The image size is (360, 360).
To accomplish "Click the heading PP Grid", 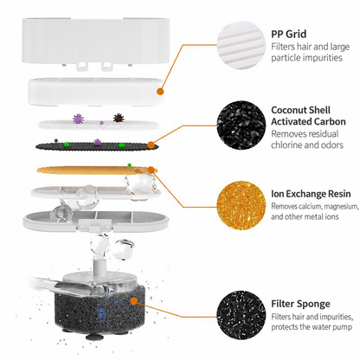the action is (x=288, y=34).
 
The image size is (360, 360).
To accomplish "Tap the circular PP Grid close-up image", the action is (x=241, y=45).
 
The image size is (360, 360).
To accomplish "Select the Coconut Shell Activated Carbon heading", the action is (x=308, y=116).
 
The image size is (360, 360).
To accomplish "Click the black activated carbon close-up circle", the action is (x=241, y=125).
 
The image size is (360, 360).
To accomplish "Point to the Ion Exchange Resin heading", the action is (x=311, y=194).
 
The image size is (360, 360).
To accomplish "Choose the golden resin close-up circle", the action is (x=241, y=205).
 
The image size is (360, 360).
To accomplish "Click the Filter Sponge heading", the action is (x=300, y=304).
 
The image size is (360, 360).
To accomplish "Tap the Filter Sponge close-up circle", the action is (x=241, y=315).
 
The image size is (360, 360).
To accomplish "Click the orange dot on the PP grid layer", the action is (x=160, y=92).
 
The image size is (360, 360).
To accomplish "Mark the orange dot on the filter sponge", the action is (x=133, y=301).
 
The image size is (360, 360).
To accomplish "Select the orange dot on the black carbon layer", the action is (x=151, y=145).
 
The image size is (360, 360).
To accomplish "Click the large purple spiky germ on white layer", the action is (x=78, y=119).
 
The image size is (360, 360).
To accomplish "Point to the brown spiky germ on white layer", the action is (x=118, y=118).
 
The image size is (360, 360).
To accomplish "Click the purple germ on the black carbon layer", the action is (x=98, y=142).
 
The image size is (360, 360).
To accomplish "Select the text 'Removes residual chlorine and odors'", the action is (x=307, y=139).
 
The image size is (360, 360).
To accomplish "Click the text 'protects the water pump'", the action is (x=312, y=327).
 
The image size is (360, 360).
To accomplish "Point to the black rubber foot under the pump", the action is (x=92, y=337).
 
